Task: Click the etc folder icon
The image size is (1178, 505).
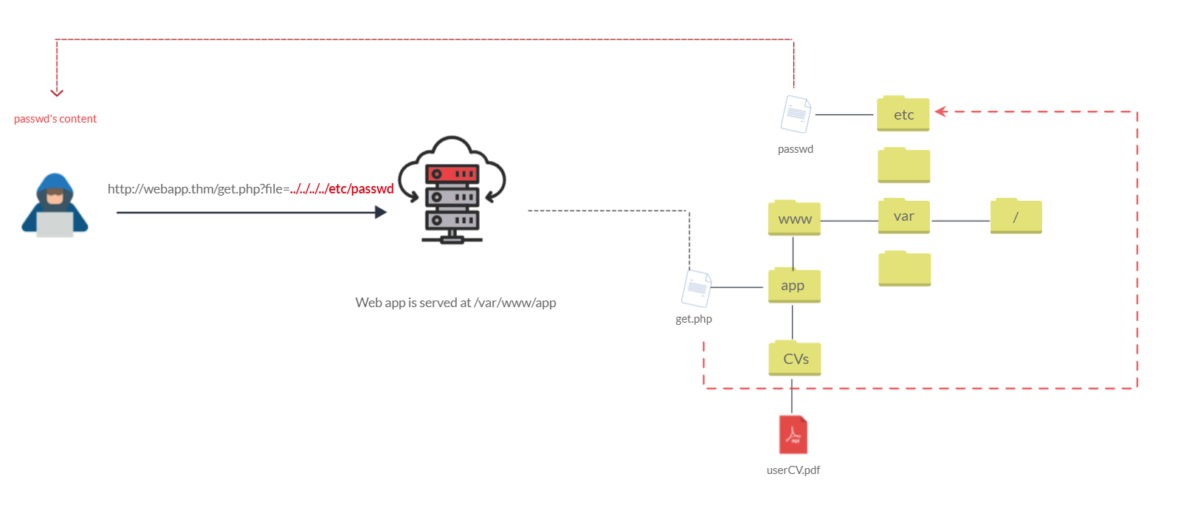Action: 903,114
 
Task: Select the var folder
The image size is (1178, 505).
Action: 903,216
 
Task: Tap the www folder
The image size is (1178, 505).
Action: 794,219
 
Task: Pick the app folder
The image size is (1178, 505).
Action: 793,286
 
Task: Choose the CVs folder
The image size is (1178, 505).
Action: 795,359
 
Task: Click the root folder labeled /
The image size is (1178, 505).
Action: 1016,216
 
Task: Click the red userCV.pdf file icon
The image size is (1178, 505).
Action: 793,435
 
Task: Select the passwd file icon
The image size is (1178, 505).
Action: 796,114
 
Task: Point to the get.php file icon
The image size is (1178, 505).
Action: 696,289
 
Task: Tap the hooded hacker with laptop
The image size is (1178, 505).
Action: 55,205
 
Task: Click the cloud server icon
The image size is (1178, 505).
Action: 452,190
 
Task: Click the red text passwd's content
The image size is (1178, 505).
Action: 55,119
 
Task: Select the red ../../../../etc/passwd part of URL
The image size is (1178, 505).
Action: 342,189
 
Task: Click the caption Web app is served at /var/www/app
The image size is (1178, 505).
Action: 455,303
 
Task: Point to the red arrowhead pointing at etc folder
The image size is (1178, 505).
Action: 940,111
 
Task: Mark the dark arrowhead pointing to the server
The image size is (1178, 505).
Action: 380,213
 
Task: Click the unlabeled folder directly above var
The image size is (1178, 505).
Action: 903,165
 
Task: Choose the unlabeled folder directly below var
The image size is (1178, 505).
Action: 904,269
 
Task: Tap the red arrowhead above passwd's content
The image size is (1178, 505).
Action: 57,92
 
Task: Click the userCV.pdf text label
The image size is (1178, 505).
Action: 793,470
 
